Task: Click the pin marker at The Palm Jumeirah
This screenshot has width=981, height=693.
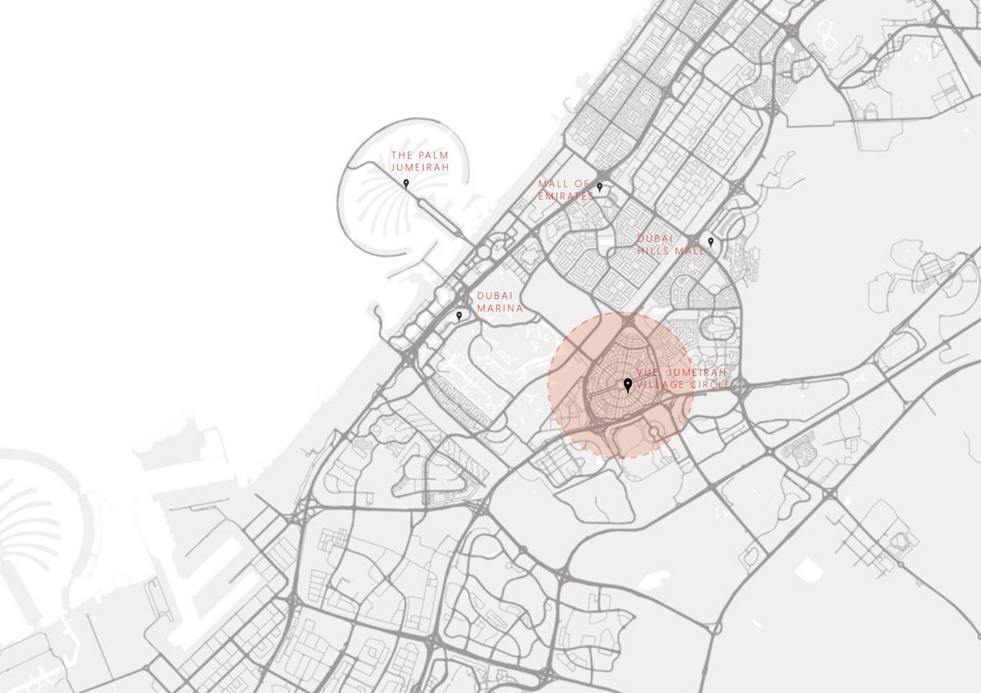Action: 405,183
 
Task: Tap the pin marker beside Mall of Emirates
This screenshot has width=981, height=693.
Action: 599,187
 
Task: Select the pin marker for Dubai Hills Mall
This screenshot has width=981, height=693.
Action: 710,241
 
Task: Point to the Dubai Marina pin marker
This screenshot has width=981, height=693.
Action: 459,315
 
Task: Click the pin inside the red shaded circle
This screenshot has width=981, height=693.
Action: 627,384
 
